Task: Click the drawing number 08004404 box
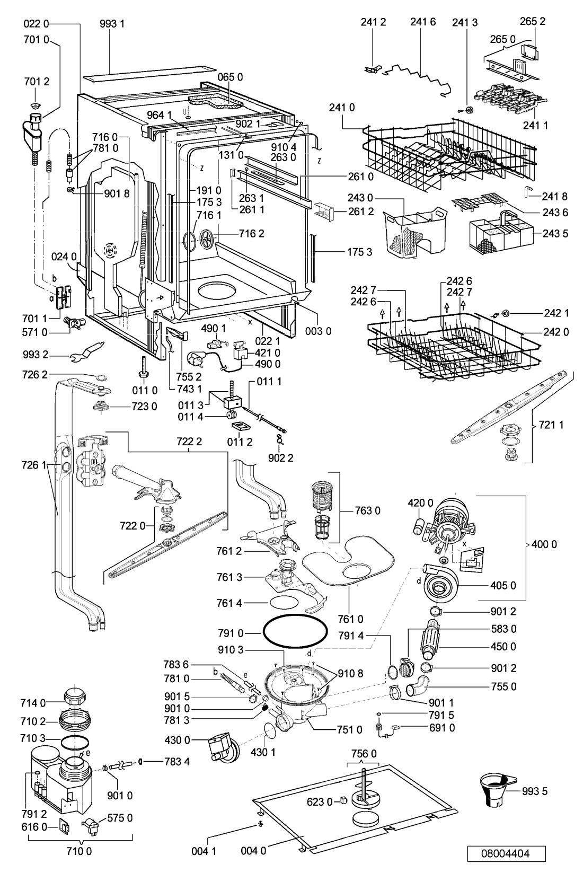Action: [x=506, y=853]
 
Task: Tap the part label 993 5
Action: [x=535, y=791]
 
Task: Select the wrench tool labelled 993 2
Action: [x=88, y=350]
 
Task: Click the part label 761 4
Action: [x=229, y=603]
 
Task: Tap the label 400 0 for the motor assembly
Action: [x=544, y=544]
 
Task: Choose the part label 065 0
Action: [x=230, y=77]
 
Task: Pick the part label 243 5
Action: [x=555, y=233]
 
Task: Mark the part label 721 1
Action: [x=551, y=425]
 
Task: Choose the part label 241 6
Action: [x=423, y=22]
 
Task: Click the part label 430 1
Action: [x=263, y=752]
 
